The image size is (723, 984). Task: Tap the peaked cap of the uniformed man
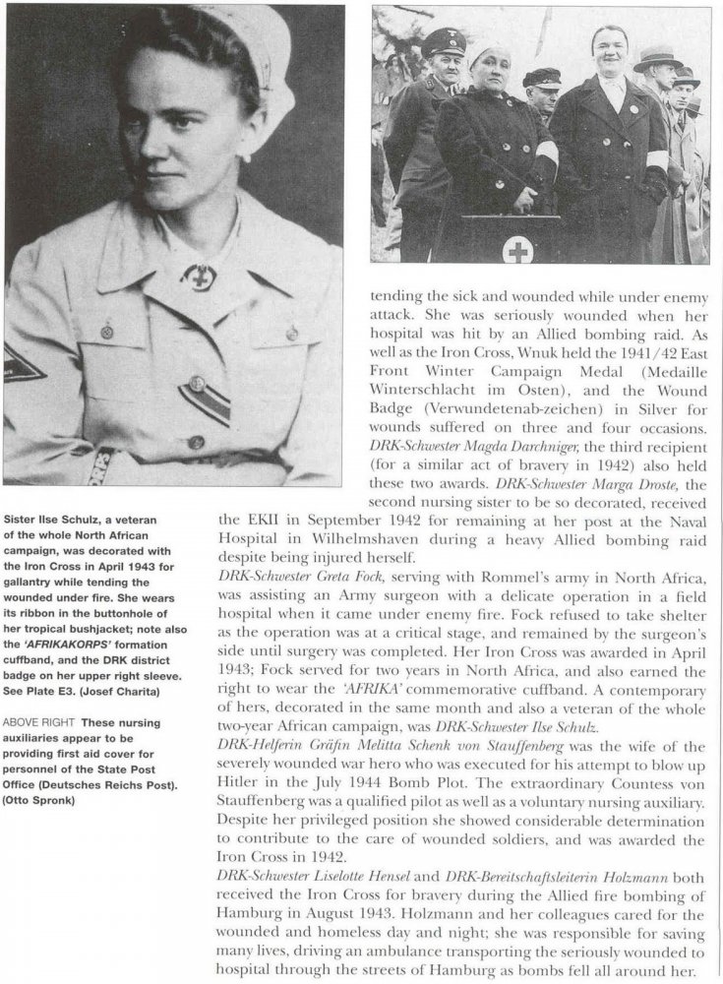(444, 42)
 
